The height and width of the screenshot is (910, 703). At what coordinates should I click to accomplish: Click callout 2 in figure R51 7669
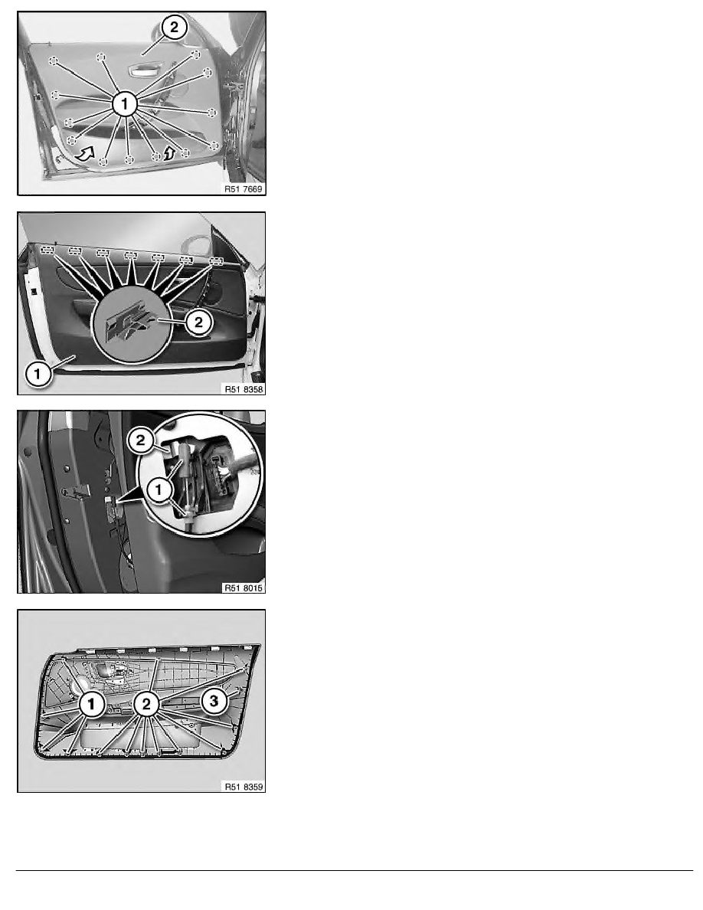pos(174,28)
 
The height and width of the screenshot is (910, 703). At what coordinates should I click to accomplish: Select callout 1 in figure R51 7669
pos(125,104)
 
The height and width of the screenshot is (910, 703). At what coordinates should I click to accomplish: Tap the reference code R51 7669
pos(244,188)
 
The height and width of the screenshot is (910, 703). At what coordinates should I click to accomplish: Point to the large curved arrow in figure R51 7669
pos(85,154)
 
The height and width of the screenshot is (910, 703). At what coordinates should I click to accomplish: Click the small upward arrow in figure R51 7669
pos(168,152)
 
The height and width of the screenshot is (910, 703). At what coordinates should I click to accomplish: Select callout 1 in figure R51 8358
pos(38,373)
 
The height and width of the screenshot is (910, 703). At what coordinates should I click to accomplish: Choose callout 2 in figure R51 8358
pos(198,322)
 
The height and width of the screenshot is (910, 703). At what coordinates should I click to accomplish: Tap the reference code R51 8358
pos(244,389)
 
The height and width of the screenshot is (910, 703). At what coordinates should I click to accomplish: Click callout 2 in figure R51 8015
pos(140,440)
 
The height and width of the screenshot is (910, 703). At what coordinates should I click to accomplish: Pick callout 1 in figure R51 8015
pos(159,490)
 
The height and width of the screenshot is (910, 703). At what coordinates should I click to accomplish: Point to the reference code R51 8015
pos(244,588)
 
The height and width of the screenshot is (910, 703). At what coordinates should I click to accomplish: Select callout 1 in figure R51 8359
pos(92,705)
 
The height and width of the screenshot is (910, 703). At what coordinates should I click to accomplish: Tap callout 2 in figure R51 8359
pos(146,705)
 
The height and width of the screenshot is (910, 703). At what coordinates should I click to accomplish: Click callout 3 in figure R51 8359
pos(214,701)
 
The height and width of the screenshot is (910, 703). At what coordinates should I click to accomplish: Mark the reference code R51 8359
pos(244,787)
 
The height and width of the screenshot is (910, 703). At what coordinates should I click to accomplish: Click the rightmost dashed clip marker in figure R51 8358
pos(216,260)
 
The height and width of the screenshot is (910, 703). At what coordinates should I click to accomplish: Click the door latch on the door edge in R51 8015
pos(77,493)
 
